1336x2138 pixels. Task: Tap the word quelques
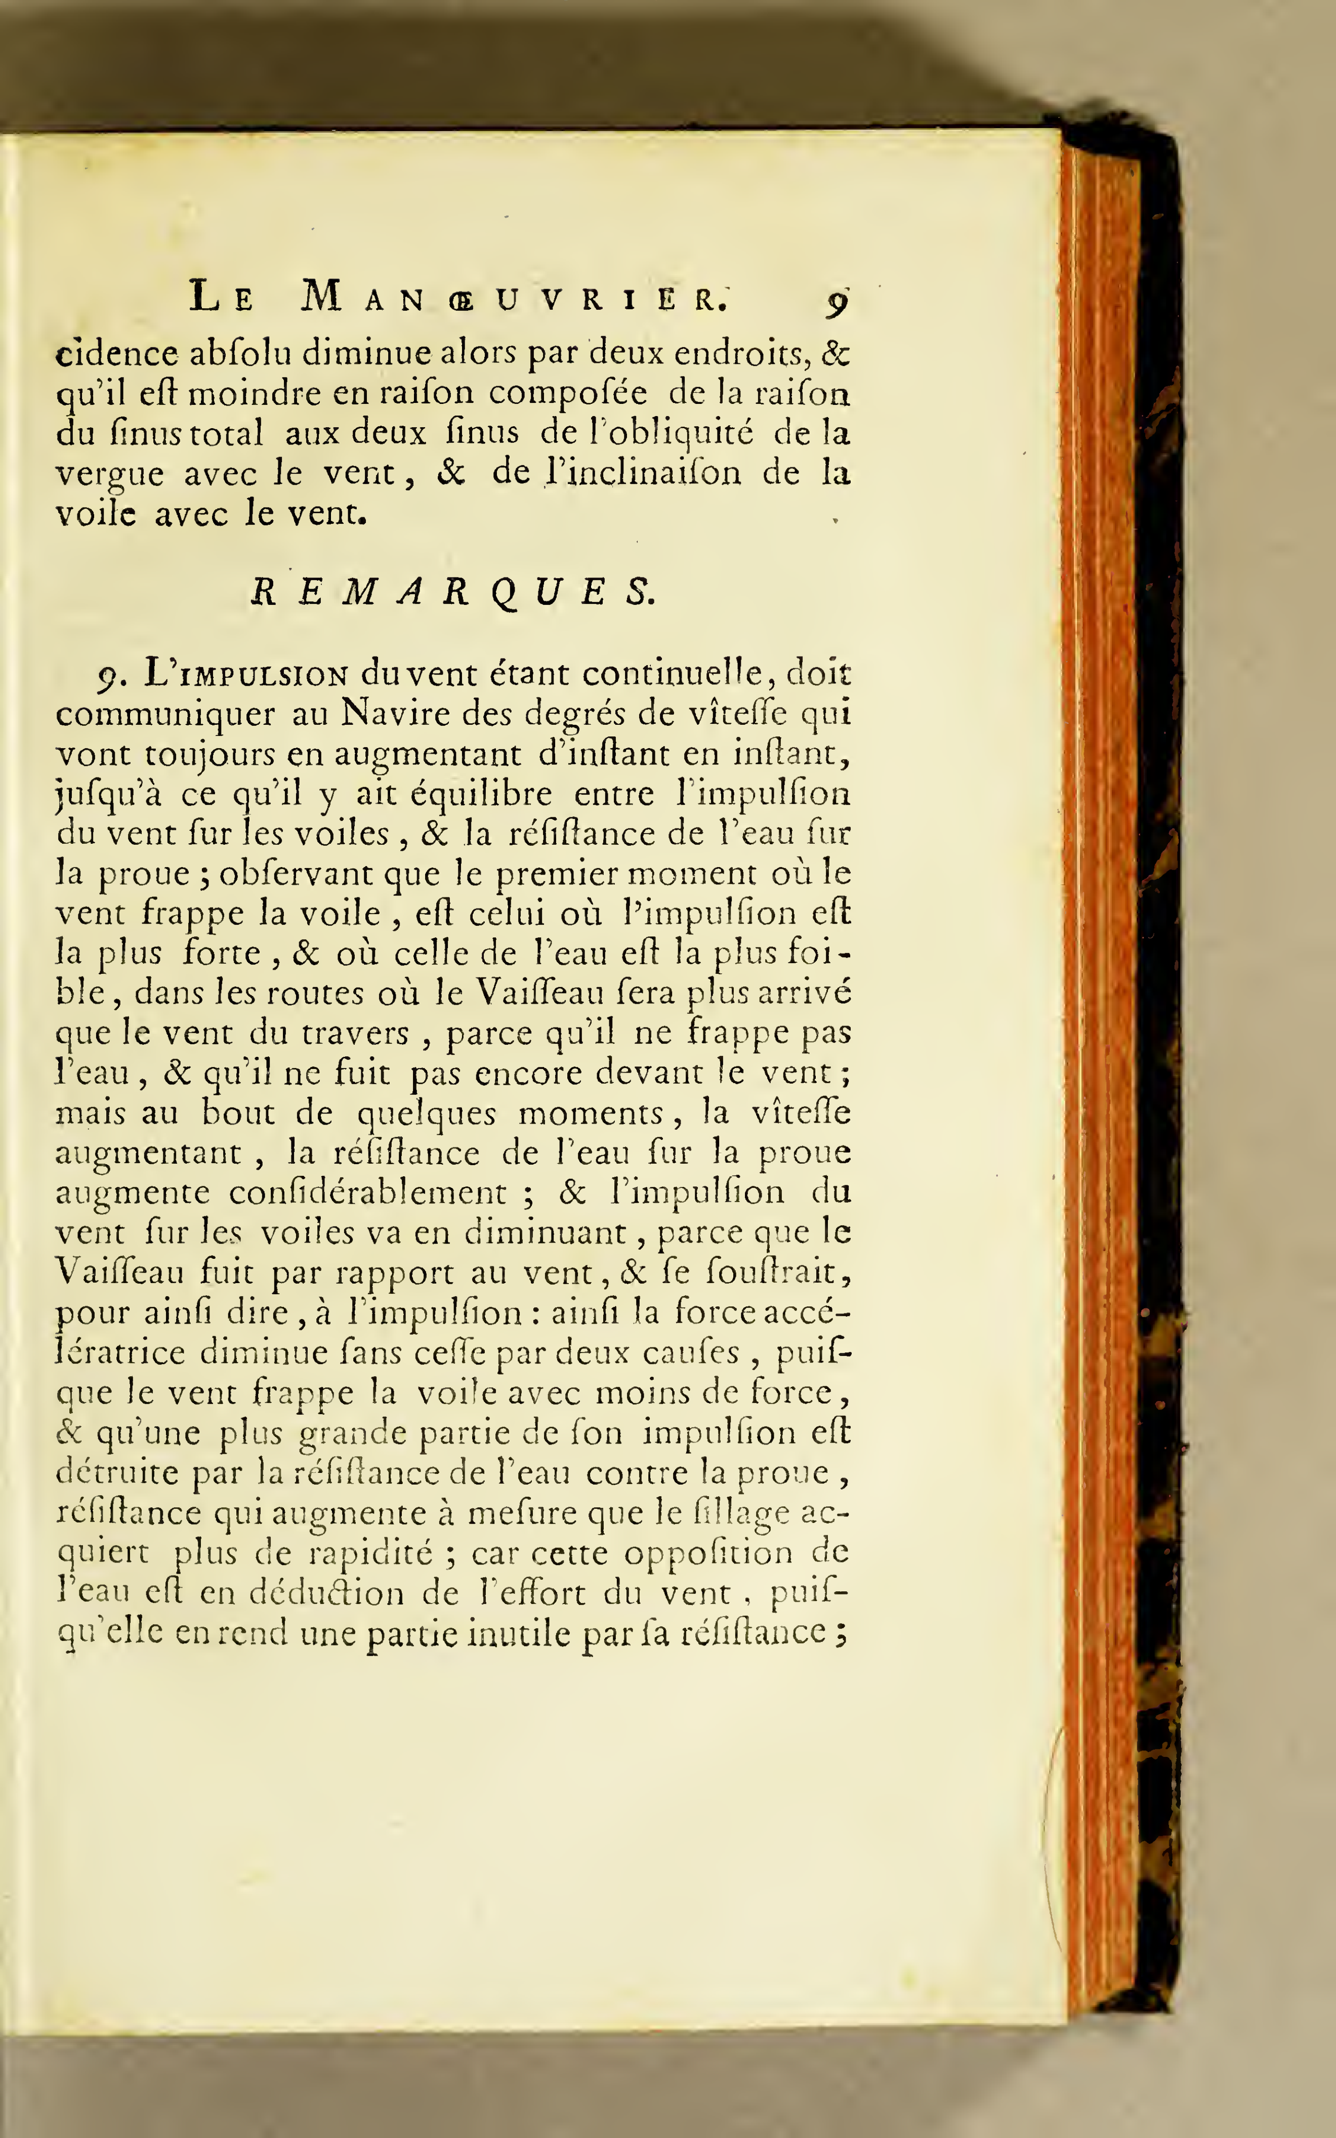click(x=427, y=1113)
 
